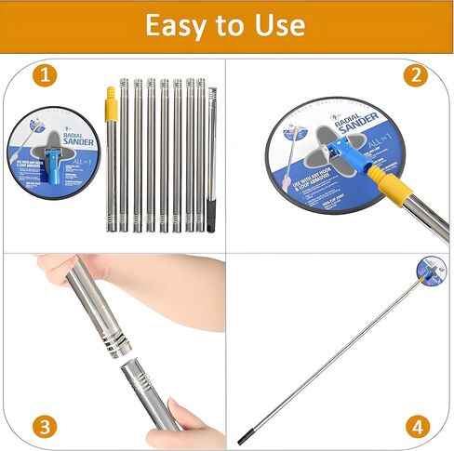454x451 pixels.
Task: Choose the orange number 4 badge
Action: [x=416, y=427]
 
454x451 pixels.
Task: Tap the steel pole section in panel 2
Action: [x=423, y=214]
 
